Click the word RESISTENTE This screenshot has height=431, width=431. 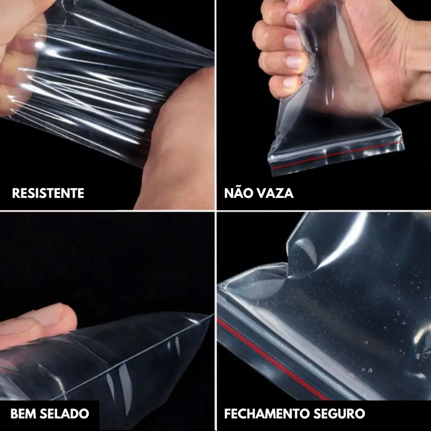48,193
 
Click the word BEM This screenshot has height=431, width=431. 23,414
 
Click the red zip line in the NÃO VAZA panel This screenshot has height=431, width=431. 336,154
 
